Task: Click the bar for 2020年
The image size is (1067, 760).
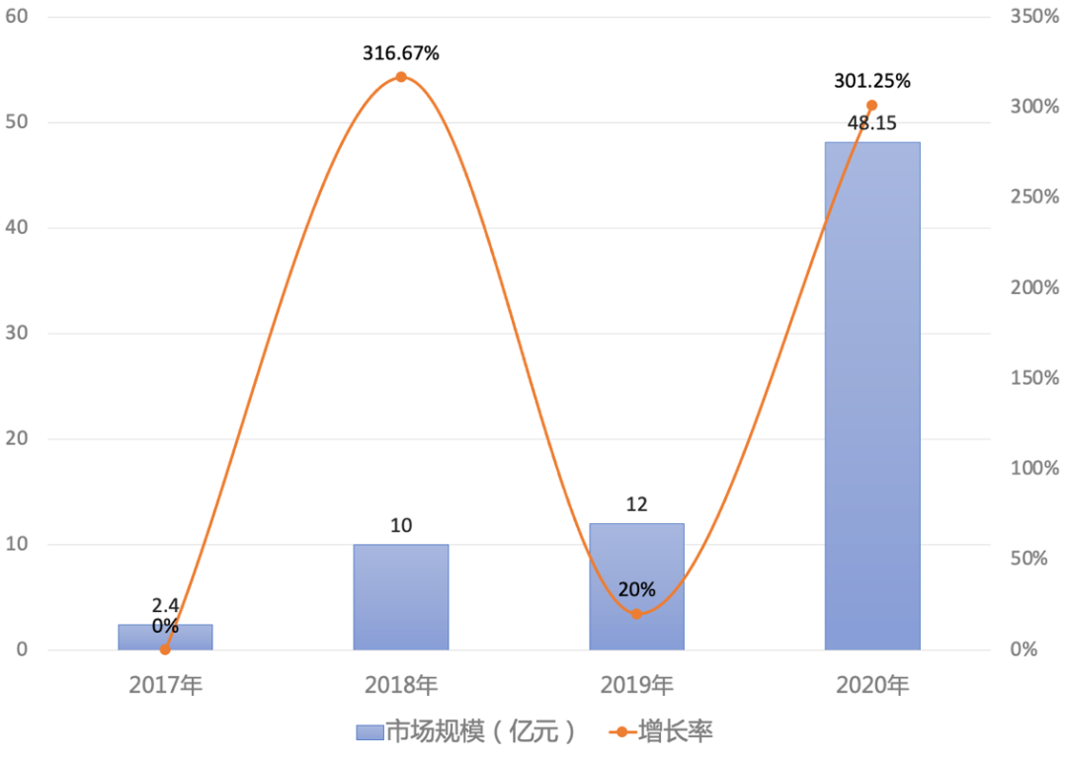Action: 872,395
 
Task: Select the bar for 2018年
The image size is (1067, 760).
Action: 401,596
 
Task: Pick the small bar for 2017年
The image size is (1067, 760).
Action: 165,638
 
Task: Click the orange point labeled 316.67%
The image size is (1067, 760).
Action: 401,77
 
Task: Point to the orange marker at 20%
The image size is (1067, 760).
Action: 636,614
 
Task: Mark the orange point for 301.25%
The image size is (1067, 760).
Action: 871,106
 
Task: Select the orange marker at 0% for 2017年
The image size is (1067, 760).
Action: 165,649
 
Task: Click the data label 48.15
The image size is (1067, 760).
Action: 872,124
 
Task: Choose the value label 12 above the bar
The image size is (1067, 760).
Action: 636,504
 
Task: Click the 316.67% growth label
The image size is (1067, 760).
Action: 401,53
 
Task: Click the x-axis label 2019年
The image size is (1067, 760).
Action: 636,685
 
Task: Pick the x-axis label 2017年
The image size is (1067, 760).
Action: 165,685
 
